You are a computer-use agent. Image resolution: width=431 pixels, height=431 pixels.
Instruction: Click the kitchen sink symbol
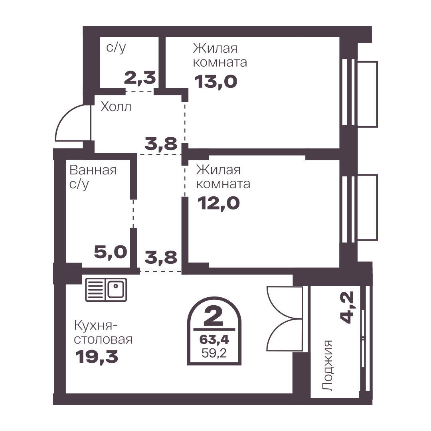[x=106, y=289]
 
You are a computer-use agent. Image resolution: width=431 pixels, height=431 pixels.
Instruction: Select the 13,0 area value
[x=216, y=82]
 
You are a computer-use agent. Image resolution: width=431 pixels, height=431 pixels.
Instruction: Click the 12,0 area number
[x=219, y=204]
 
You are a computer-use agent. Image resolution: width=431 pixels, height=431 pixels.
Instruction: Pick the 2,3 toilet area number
[x=140, y=77]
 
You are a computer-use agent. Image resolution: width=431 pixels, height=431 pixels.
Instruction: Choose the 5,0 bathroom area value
[x=111, y=252]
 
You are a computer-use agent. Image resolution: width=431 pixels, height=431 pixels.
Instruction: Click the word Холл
[x=116, y=107]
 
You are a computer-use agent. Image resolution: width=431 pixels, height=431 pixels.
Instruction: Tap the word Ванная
[x=93, y=170]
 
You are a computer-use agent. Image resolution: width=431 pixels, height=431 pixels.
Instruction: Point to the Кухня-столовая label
[x=103, y=333]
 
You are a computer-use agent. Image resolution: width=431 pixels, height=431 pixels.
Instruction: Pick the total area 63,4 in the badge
[x=214, y=340]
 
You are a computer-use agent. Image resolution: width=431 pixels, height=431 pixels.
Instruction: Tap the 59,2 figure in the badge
[x=214, y=353]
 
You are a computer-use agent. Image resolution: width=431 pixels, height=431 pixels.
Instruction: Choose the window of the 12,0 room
[x=360, y=208]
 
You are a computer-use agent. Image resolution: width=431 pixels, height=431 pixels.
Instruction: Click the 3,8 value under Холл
[x=161, y=144]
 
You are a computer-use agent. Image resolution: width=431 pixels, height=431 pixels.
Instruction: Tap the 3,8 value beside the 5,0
[x=161, y=257]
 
